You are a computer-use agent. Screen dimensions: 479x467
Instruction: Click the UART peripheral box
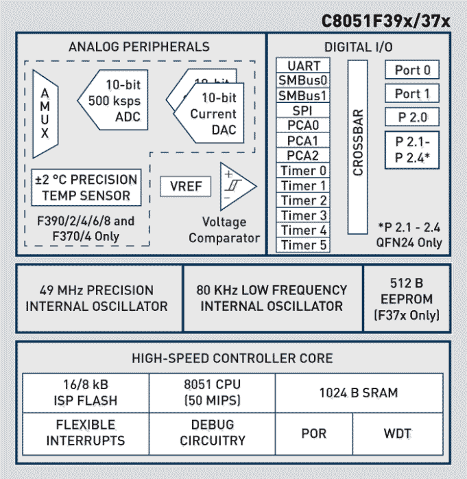pyautogui.click(x=303, y=66)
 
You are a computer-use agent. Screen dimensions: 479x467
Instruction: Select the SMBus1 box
pyautogui.click(x=303, y=95)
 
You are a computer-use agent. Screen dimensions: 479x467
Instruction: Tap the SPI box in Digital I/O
pyautogui.click(x=303, y=110)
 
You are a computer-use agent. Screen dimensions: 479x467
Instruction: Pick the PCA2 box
pyautogui.click(x=303, y=155)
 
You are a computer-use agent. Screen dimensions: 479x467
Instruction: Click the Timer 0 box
pyautogui.click(x=303, y=170)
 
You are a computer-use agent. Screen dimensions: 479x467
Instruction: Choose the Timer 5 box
pyautogui.click(x=303, y=245)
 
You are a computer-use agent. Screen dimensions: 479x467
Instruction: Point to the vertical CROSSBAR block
pyautogui.click(x=358, y=147)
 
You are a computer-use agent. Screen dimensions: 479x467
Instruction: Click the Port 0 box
pyautogui.click(x=412, y=70)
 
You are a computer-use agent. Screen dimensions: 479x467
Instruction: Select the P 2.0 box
pyautogui.click(x=412, y=117)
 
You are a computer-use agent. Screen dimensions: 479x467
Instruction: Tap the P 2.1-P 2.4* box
pyautogui.click(x=412, y=150)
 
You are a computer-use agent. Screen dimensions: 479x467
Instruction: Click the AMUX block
pyautogui.click(x=45, y=113)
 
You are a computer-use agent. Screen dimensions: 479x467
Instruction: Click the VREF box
pyautogui.click(x=185, y=186)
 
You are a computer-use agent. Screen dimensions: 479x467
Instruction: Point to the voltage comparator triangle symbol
pyautogui.click(x=235, y=186)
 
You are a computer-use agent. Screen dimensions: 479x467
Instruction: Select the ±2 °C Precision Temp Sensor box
pyautogui.click(x=86, y=187)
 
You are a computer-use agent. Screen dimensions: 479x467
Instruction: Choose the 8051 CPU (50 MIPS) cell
pyautogui.click(x=212, y=393)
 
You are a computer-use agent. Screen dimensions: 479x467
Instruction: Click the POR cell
pyautogui.click(x=314, y=434)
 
